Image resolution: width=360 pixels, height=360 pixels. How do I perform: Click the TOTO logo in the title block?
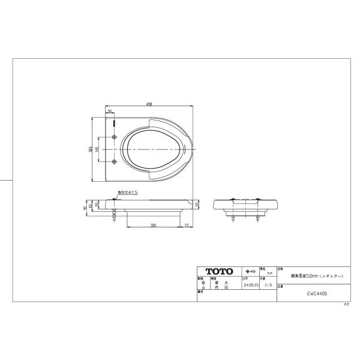coord(219,272)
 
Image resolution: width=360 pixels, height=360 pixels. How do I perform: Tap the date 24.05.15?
coord(250,286)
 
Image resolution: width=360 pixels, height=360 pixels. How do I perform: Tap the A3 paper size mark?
coord(346,305)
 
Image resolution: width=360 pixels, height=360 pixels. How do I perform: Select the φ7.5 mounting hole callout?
coord(128,193)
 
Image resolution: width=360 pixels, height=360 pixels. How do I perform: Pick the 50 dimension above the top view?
coord(110,111)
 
